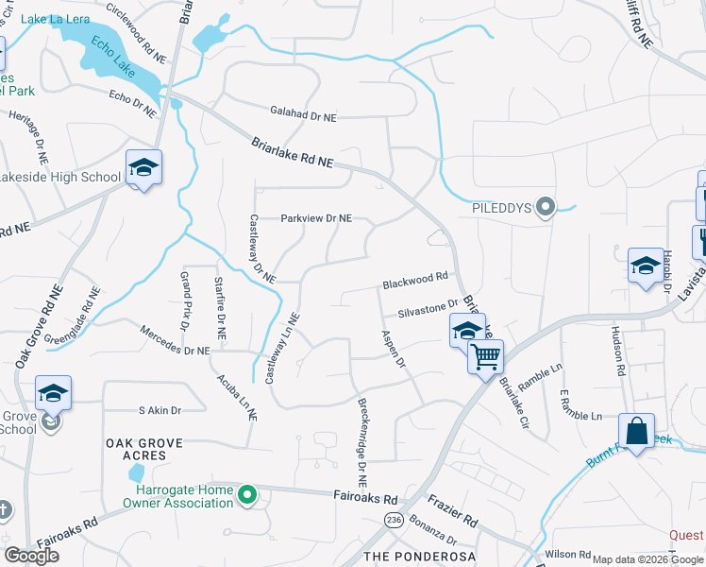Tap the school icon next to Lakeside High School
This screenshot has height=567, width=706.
point(143,169)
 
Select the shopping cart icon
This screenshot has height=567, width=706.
point(485,357)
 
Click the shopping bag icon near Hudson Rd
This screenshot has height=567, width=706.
point(637,431)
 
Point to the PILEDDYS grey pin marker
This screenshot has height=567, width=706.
point(544,207)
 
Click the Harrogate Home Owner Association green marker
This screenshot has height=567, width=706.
point(247,494)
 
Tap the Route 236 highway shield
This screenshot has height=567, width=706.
point(393,521)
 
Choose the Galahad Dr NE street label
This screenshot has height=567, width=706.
point(303,116)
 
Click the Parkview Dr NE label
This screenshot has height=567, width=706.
point(316,218)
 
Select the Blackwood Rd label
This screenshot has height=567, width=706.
point(414,281)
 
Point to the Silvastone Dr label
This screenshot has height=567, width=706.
point(428,308)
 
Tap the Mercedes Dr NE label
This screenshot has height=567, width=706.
point(174,341)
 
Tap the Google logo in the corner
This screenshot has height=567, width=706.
point(31,556)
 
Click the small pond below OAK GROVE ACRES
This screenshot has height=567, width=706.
point(136,472)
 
